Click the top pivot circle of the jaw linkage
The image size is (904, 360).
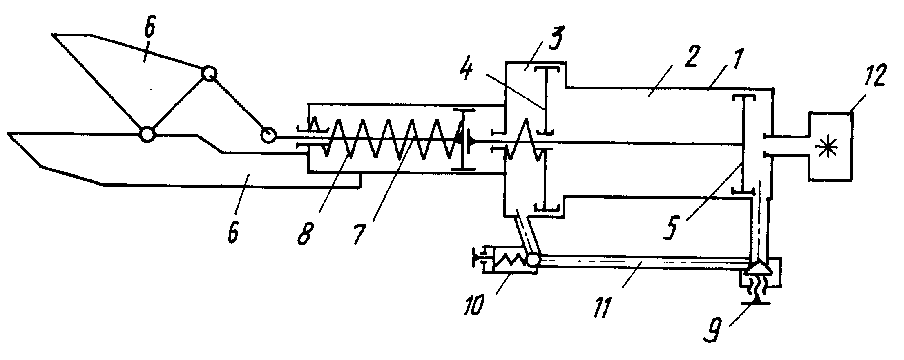(209, 74)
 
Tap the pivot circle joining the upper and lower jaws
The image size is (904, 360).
(147, 134)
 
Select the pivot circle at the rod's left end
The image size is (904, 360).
(269, 135)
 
